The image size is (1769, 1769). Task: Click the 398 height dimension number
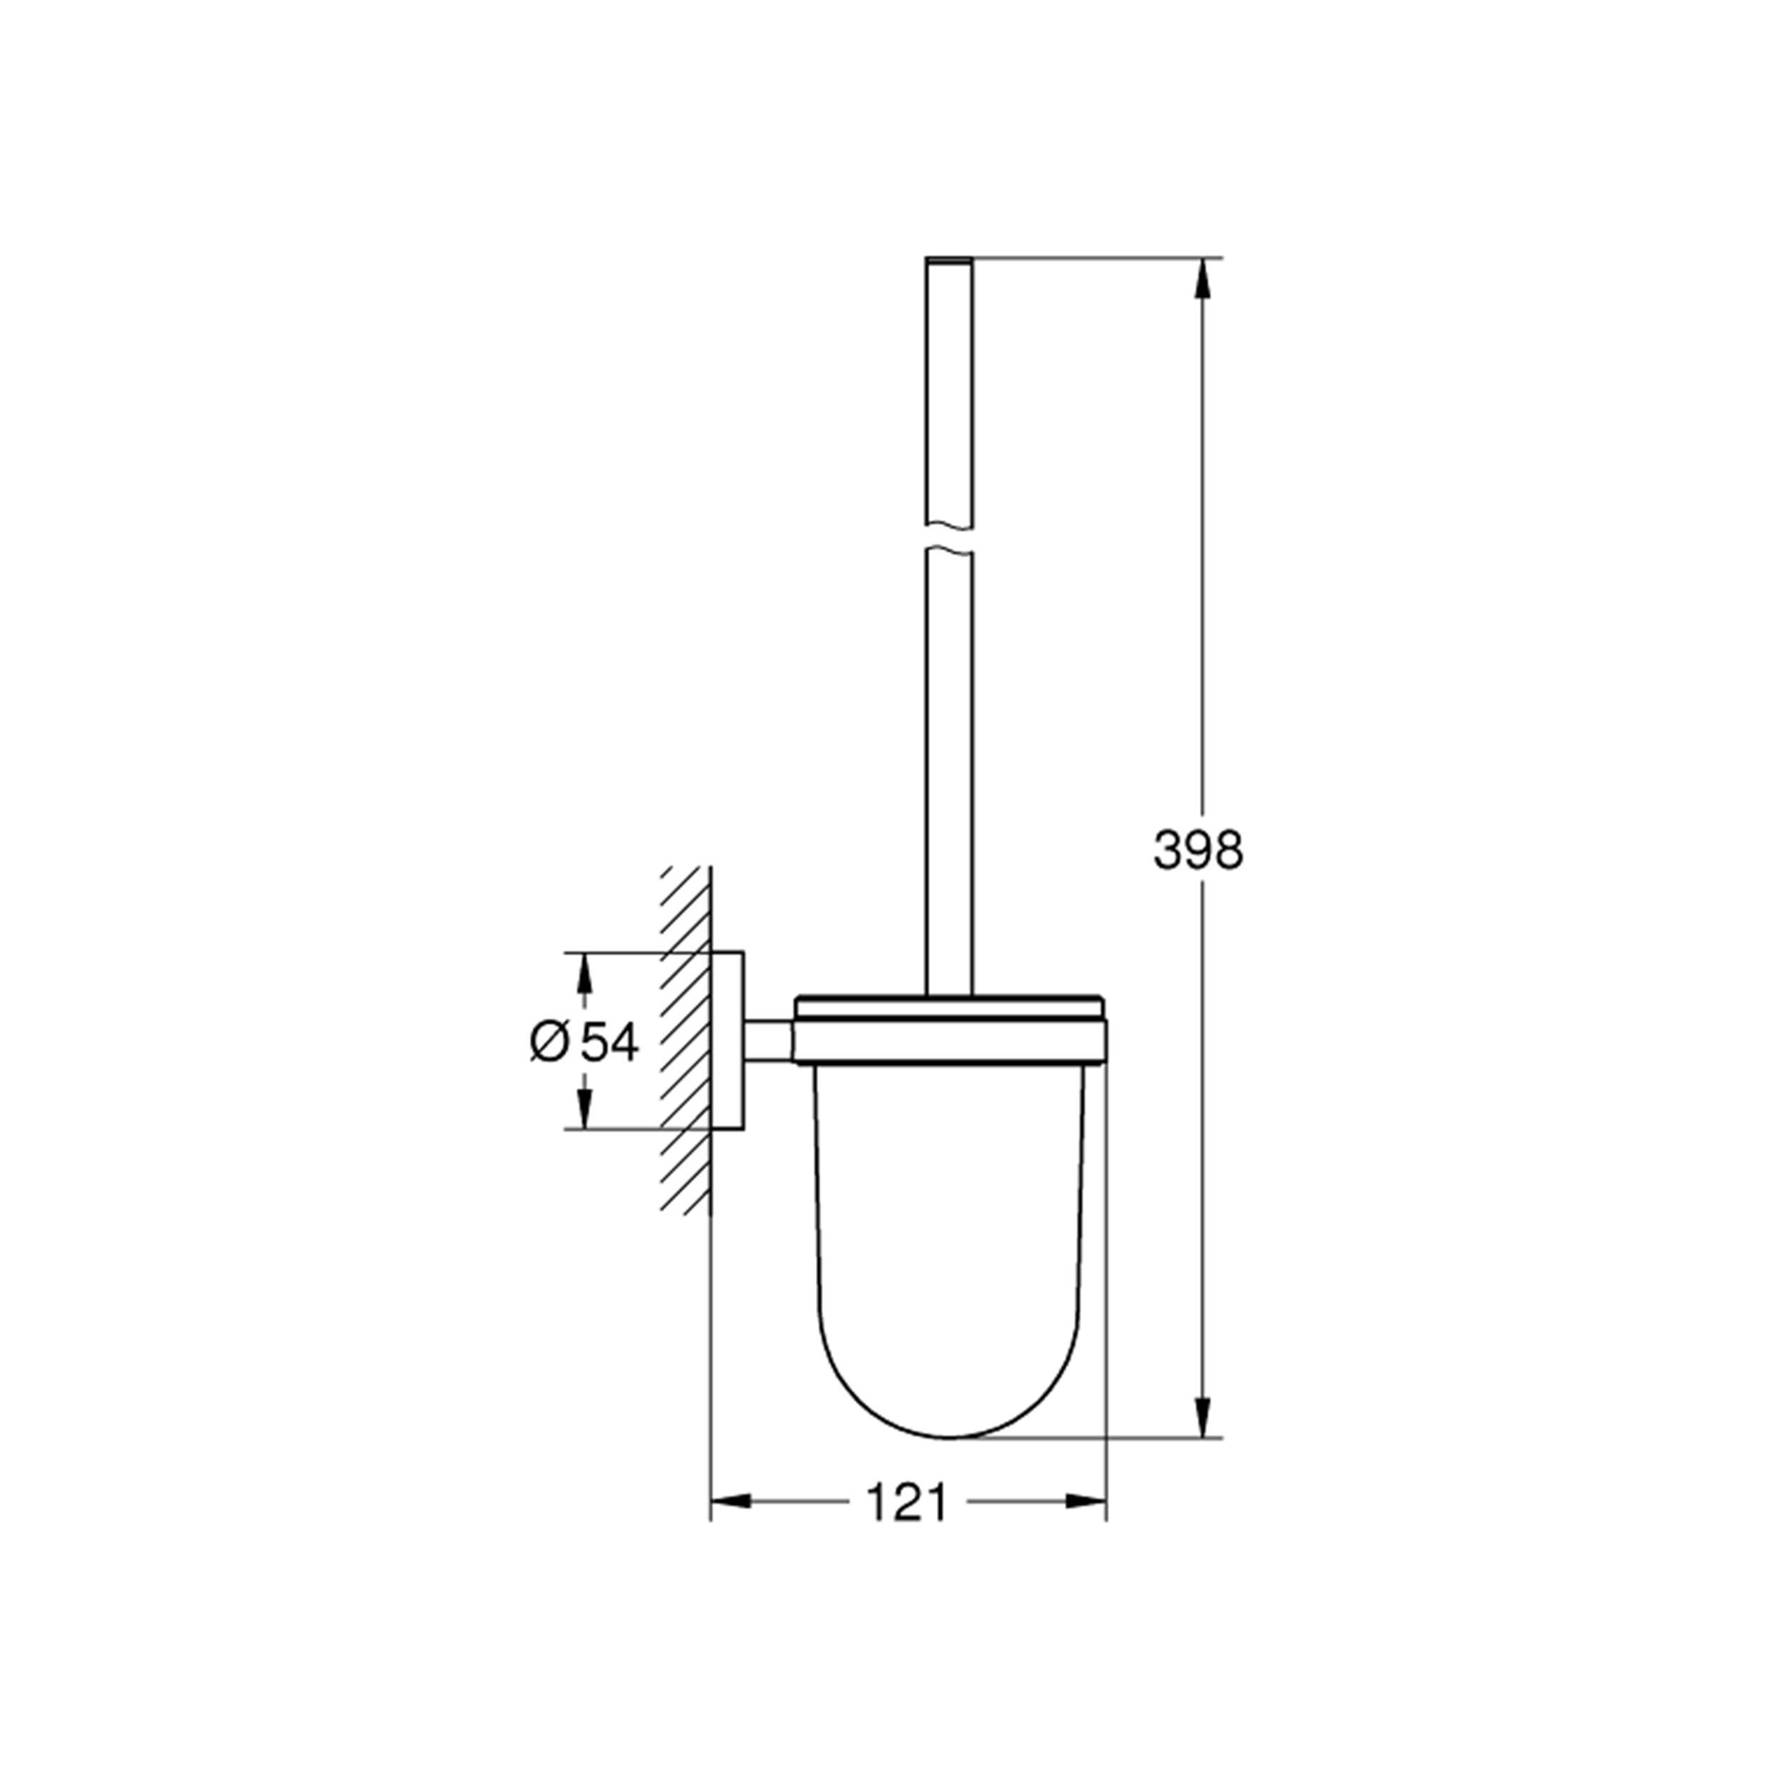[1198, 850]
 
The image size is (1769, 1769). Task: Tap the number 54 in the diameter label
[610, 1042]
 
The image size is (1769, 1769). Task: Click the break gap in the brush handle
[949, 538]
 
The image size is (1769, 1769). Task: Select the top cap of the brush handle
[949, 262]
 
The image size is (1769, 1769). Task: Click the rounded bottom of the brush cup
[949, 1392]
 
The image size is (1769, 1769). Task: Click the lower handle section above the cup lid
[949, 778]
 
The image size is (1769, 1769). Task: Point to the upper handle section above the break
[949, 393]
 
